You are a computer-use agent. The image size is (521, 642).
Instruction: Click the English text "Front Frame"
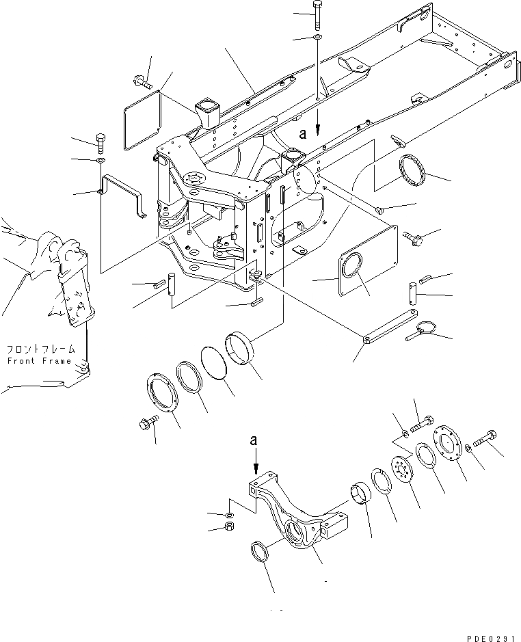point(39,361)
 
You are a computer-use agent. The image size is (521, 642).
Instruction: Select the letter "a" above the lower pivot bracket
point(254,442)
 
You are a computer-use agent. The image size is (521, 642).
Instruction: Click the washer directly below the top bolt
point(319,36)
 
